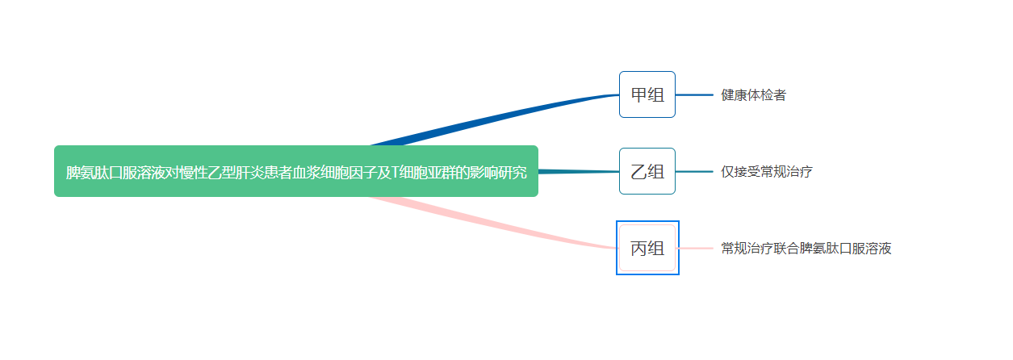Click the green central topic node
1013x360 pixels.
pos(296,171)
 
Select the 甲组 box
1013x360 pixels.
pos(647,94)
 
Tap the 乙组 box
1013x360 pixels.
pos(647,171)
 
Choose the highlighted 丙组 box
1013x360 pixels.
pos(647,248)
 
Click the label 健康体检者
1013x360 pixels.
pos(753,95)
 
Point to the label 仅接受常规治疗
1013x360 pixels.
pos(767,172)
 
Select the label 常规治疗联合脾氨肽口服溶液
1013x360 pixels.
pos(806,249)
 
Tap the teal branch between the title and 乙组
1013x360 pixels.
pos(579,171)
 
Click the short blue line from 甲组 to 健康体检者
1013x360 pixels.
pos(694,95)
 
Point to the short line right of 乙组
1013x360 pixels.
pos(694,171)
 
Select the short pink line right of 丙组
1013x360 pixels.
pos(696,249)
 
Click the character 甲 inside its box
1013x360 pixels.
pos(639,95)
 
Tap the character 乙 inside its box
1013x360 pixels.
pos(639,172)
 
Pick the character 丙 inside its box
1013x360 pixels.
pos(639,249)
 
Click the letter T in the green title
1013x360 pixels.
pos(395,172)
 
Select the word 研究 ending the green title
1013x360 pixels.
pos(513,172)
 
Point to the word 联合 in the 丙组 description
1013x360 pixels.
pos(786,249)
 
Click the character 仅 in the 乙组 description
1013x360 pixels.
pos(727,172)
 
